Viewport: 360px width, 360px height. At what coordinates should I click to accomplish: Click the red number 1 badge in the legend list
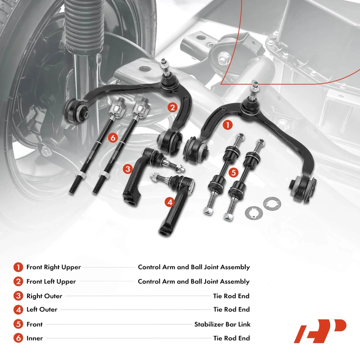(x=18, y=267)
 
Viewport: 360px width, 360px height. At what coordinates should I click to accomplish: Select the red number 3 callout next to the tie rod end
(x=128, y=169)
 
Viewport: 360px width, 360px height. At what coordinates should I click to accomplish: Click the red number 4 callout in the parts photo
(x=169, y=202)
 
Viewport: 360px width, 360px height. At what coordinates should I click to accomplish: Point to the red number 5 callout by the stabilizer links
(x=232, y=172)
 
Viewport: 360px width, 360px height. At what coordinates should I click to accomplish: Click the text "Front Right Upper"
(x=54, y=267)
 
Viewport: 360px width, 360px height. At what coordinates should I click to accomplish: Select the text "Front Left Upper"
(x=51, y=282)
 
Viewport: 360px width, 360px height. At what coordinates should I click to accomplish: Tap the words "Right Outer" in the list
(x=44, y=296)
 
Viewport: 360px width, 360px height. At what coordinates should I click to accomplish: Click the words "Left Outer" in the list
(x=42, y=310)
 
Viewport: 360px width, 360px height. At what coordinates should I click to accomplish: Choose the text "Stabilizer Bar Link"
(x=222, y=324)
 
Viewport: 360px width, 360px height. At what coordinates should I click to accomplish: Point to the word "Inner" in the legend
(x=34, y=338)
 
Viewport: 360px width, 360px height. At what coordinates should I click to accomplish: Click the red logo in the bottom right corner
(x=320, y=331)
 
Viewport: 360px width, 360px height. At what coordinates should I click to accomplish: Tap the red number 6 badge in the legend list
(x=18, y=338)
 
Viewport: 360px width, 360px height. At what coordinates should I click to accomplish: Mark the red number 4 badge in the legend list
(x=18, y=310)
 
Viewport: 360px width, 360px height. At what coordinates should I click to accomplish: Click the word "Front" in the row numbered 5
(x=35, y=324)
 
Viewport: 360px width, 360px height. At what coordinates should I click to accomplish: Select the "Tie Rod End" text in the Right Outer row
(x=231, y=296)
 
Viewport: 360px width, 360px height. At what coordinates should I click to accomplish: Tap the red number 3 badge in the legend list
(x=18, y=296)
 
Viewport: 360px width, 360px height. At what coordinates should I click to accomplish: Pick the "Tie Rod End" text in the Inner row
(x=231, y=338)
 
